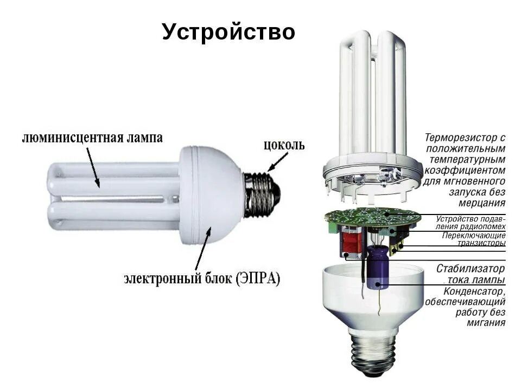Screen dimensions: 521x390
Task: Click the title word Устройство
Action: click(x=228, y=32)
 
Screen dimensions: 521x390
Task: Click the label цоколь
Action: click(x=284, y=145)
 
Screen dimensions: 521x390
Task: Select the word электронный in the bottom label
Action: click(x=158, y=279)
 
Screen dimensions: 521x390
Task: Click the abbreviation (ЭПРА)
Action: click(x=258, y=279)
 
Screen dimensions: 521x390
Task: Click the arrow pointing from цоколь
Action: click(x=278, y=162)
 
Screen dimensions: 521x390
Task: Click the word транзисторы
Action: click(x=480, y=243)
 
